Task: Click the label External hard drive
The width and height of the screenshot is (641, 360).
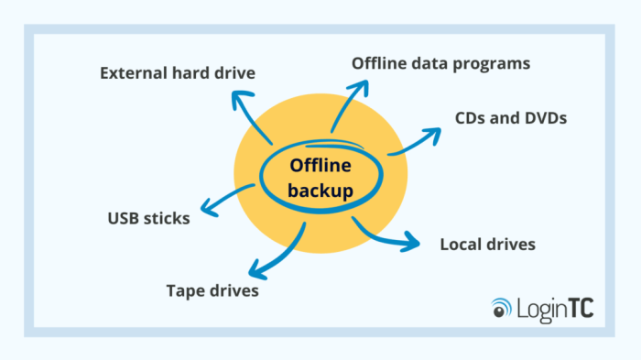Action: [x=178, y=71]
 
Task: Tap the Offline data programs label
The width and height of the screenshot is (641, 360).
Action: [x=441, y=63]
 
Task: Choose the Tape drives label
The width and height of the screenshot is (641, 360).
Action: [x=212, y=291]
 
